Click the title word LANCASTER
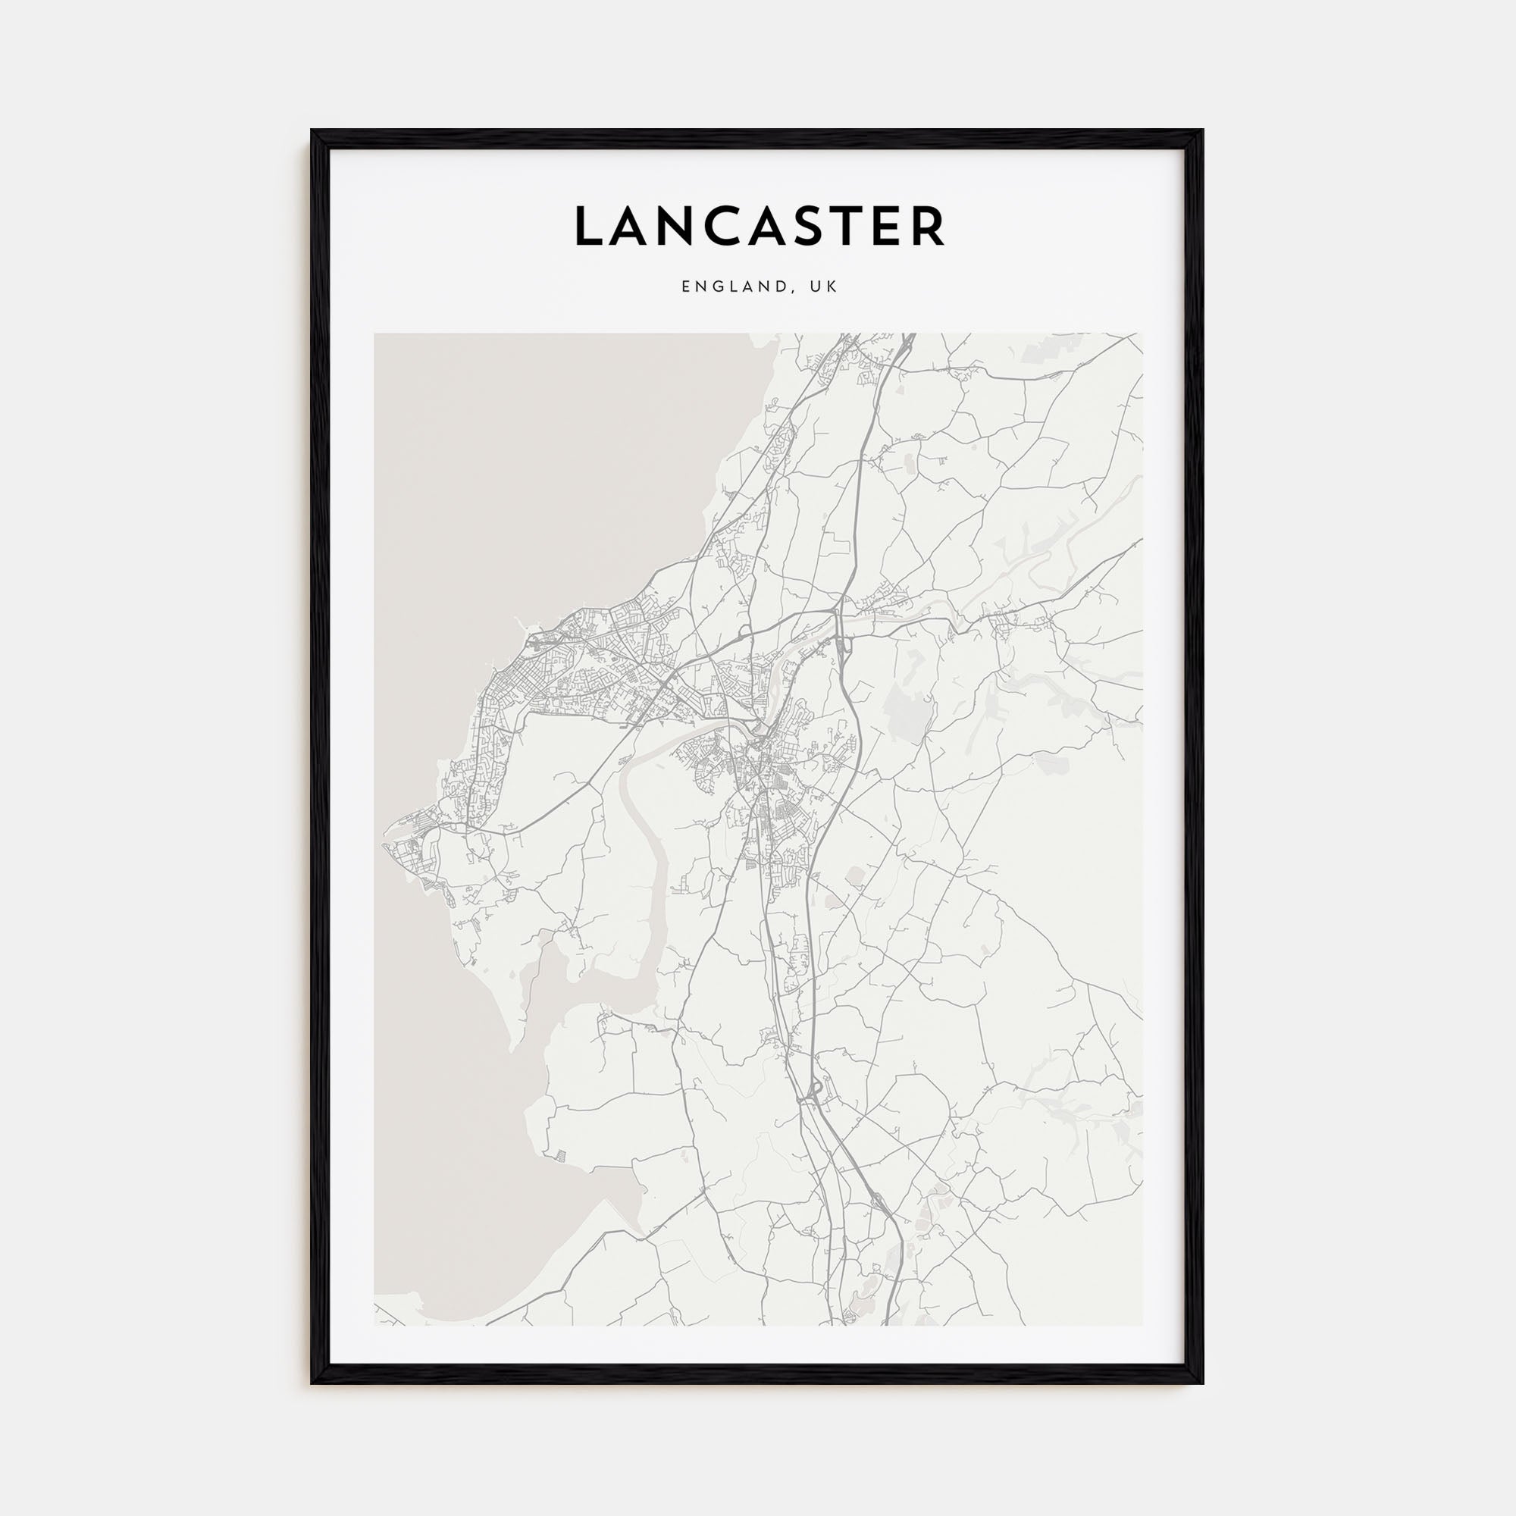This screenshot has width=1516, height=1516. pyautogui.click(x=759, y=226)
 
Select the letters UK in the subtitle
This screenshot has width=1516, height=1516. pyautogui.click(x=824, y=287)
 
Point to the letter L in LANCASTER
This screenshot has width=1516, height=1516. pyautogui.click(x=588, y=226)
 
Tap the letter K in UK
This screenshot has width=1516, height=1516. pyautogui.click(x=832, y=287)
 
